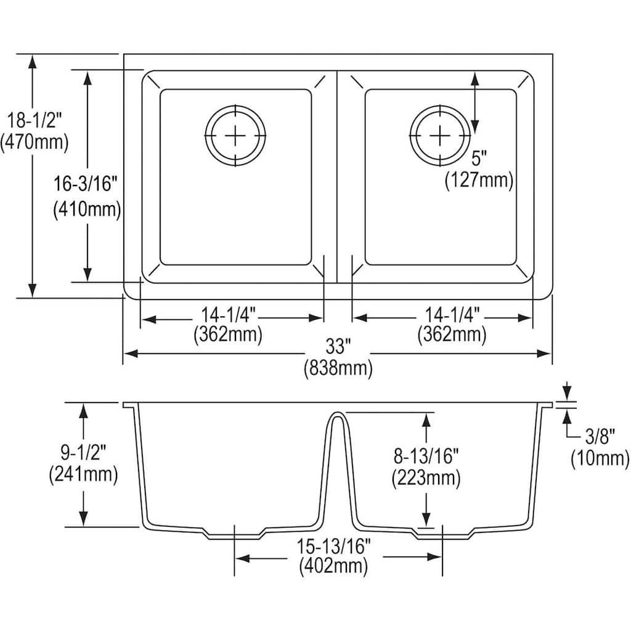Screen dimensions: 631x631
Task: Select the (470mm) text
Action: (x=34, y=142)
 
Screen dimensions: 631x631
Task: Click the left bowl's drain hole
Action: (x=235, y=135)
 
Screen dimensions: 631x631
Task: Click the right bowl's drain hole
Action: (x=440, y=135)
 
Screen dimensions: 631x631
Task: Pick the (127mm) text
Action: (x=479, y=180)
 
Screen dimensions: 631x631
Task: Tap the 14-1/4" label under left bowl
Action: (x=227, y=314)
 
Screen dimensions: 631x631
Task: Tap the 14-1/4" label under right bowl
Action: (x=451, y=314)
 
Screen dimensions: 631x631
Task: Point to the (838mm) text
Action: (x=338, y=369)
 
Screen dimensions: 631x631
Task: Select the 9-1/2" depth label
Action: (x=83, y=452)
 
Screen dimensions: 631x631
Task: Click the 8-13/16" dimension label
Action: (x=426, y=457)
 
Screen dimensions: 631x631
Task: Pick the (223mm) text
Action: (x=426, y=478)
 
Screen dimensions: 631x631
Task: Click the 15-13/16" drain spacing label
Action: (x=333, y=545)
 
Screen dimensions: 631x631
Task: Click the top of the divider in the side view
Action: (x=336, y=415)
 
